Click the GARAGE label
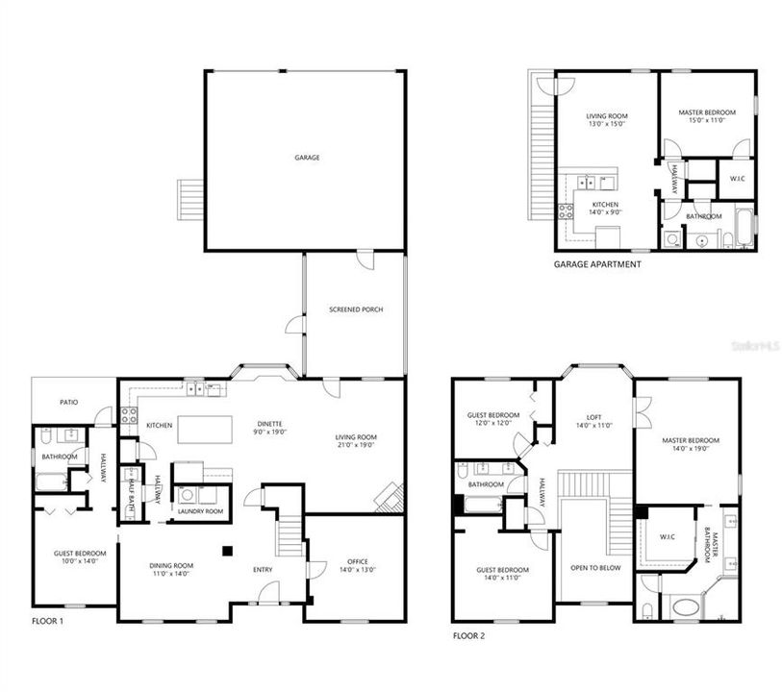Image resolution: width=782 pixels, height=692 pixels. (307, 158)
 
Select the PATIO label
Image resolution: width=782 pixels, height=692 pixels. (68, 403)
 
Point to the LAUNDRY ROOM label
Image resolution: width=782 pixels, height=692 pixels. (200, 511)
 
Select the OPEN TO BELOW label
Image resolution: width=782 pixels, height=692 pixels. (596, 568)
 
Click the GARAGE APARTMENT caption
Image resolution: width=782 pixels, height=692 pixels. (597, 264)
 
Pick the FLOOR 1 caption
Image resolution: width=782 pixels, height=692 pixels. (47, 622)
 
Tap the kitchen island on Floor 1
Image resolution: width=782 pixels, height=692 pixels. (204, 429)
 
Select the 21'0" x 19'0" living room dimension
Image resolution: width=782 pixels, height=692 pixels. (356, 445)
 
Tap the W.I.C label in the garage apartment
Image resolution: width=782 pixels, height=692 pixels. (737, 179)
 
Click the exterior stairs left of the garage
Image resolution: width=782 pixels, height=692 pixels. (189, 200)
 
